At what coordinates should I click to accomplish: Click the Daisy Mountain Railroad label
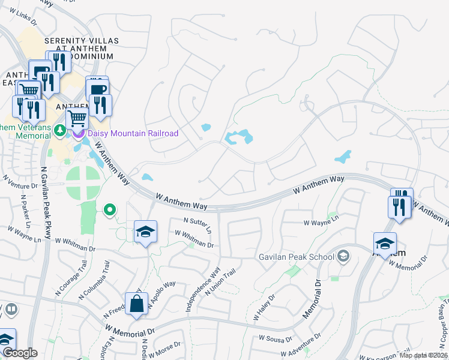(x=133, y=133)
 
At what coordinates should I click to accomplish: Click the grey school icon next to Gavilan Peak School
(x=343, y=257)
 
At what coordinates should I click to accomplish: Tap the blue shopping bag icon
(x=137, y=303)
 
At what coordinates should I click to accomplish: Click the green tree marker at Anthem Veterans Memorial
(x=59, y=130)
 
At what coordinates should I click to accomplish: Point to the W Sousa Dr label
(x=277, y=338)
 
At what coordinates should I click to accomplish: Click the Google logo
(x=20, y=353)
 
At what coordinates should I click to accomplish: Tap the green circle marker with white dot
(x=109, y=209)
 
